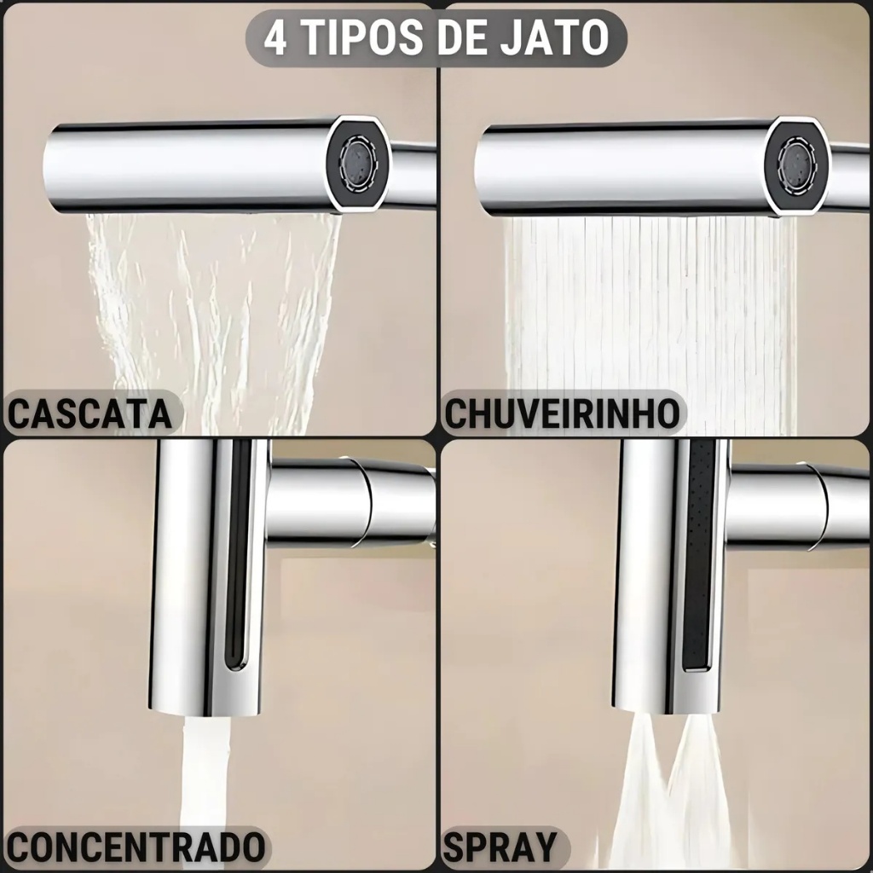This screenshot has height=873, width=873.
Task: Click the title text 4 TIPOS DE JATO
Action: click(436, 38)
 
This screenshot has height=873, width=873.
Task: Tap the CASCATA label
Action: click(90, 413)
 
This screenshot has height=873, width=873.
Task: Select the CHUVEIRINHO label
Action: click(563, 413)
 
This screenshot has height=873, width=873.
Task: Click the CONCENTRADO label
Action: click(136, 848)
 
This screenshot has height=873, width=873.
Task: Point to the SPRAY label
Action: click(500, 848)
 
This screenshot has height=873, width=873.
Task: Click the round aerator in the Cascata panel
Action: click(357, 163)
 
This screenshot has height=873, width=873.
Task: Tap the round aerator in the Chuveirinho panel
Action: click(795, 163)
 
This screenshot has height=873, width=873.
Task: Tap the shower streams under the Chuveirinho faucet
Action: click(649, 323)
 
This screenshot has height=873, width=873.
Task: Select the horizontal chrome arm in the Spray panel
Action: click(799, 501)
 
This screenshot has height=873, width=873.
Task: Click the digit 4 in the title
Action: click(275, 38)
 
